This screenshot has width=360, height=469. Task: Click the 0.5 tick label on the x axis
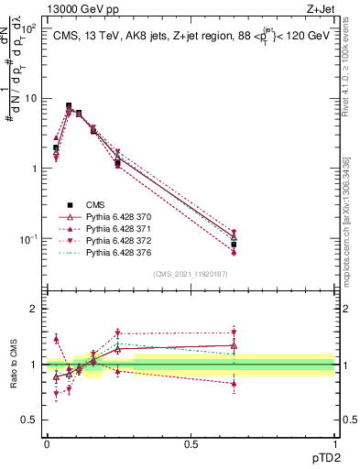(x=191, y=443)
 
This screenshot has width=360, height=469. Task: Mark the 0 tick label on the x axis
(x=47, y=443)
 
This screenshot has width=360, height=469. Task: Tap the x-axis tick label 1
(x=335, y=443)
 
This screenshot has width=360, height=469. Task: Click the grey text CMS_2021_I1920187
(x=191, y=273)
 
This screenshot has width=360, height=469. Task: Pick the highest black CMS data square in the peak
(x=70, y=106)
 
